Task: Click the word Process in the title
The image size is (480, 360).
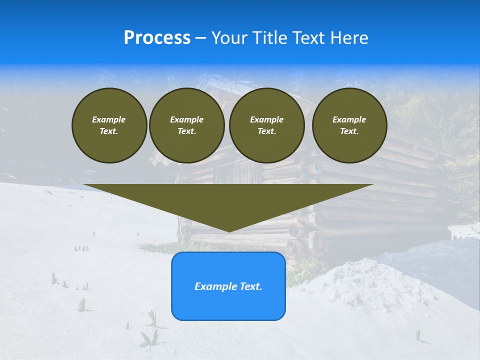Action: click(157, 38)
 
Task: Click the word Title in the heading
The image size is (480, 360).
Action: click(268, 38)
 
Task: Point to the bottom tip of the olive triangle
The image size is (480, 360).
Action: click(229, 231)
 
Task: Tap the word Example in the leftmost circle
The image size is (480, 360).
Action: click(109, 119)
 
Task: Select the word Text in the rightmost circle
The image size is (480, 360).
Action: click(349, 131)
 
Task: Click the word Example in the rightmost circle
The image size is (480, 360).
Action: click(349, 119)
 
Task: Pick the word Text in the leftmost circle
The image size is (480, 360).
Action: click(108, 131)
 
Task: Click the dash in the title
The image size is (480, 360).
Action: click(200, 38)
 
